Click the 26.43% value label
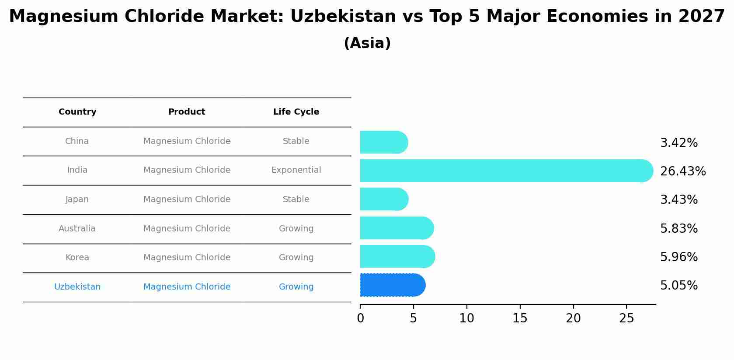pyautogui.click(x=682, y=171)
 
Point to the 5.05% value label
pyautogui.click(x=678, y=286)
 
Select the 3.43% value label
pyautogui.click(x=678, y=200)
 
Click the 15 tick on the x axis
pyautogui.click(x=520, y=318)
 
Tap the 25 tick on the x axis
pyautogui.click(x=626, y=318)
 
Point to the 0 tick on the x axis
pyautogui.click(x=360, y=318)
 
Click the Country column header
pyautogui.click(x=77, y=112)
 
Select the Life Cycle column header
pyautogui.click(x=296, y=112)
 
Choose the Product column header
pyautogui.click(x=187, y=112)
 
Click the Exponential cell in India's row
pyautogui.click(x=296, y=170)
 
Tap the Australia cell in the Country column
pyautogui.click(x=77, y=229)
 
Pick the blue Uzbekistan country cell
pyautogui.click(x=77, y=287)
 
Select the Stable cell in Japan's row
pyautogui.click(x=296, y=199)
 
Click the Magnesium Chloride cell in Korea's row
pyautogui.click(x=187, y=258)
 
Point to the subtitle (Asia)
pyautogui.click(x=367, y=43)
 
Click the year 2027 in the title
pyautogui.click(x=701, y=17)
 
